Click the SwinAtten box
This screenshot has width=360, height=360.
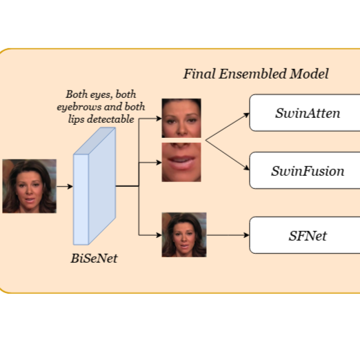point(305,113)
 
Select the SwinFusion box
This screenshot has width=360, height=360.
point(305,170)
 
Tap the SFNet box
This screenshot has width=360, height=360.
point(305,235)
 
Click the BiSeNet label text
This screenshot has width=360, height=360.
point(94,259)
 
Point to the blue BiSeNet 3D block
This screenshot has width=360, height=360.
point(94,186)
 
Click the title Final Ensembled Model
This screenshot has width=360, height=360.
point(256,74)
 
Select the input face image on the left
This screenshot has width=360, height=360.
point(29,186)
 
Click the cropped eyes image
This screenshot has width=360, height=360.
point(181,118)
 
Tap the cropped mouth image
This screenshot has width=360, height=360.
point(181,162)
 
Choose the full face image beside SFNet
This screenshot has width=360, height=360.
point(184,234)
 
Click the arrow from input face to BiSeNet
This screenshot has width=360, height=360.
point(65,186)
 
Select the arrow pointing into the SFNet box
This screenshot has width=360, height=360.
point(228,235)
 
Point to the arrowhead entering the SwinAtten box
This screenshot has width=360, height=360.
point(247,114)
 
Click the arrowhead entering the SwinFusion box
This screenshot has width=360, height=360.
point(247,168)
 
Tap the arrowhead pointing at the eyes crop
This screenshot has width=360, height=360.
point(159,119)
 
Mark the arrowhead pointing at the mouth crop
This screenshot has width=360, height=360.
point(159,163)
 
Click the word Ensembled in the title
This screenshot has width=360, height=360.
point(252,74)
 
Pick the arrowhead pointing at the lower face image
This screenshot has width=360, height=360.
point(159,235)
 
